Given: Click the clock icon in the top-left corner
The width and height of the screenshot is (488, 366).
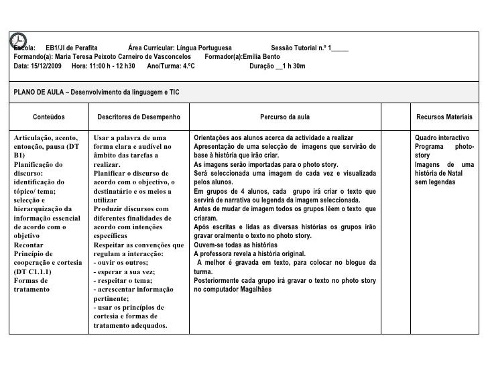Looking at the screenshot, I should (18, 40).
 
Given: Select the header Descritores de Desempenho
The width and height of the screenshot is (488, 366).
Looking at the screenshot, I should (139, 117).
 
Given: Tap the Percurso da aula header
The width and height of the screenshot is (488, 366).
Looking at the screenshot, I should (285, 117).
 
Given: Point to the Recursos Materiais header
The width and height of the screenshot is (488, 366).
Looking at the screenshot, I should (444, 117).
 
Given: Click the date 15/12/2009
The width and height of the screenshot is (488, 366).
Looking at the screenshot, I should (46, 66).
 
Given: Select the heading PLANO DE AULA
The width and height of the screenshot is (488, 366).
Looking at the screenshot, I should (40, 91).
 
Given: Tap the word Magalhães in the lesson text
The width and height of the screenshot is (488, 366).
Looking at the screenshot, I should (255, 290).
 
